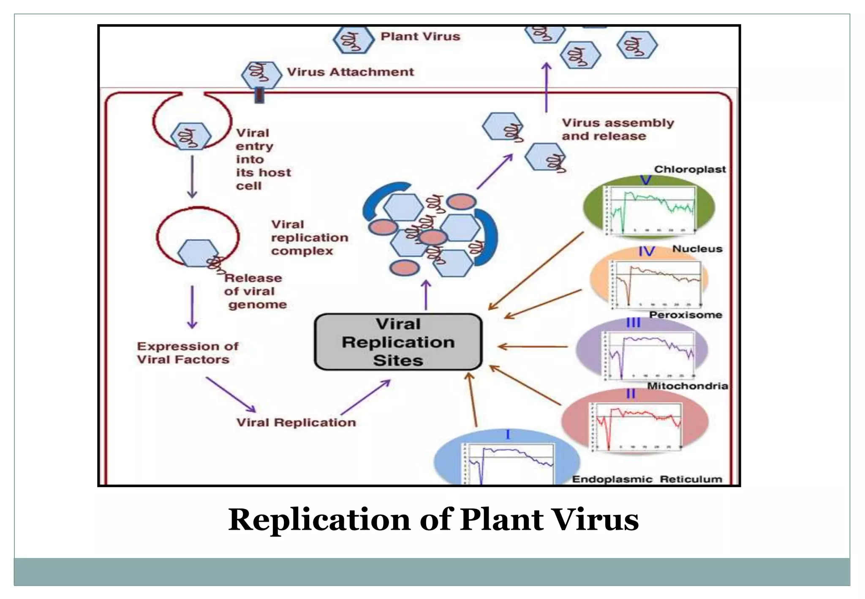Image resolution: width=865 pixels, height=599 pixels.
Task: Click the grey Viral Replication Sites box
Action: tap(398, 342)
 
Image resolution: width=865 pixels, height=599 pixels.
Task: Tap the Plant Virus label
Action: tap(420, 37)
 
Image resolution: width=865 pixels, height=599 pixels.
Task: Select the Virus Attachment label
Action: tap(350, 72)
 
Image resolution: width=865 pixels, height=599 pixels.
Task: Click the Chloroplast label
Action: tap(689, 169)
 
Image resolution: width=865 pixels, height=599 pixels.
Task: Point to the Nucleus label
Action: tap(697, 249)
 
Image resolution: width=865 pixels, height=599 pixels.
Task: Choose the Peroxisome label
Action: tap(685, 315)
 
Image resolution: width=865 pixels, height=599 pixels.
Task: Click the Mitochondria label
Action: tap(687, 386)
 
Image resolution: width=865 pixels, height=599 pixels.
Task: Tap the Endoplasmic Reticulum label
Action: tap(647, 479)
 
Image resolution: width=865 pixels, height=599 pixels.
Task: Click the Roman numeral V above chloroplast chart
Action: tap(646, 180)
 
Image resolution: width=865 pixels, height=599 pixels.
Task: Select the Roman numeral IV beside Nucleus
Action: tap(646, 252)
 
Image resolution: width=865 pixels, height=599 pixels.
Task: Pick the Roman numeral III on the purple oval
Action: tap(633, 323)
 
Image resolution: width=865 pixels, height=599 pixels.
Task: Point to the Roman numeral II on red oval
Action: tap(631, 394)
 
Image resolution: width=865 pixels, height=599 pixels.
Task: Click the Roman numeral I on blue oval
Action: tap(508, 434)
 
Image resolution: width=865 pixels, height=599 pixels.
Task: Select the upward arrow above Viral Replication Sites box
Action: tap(426, 295)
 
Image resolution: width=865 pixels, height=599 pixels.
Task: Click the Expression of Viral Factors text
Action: tap(187, 353)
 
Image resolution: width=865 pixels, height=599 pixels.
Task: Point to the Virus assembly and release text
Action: tap(617, 129)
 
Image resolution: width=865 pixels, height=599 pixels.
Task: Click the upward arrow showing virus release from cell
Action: tap(546, 87)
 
